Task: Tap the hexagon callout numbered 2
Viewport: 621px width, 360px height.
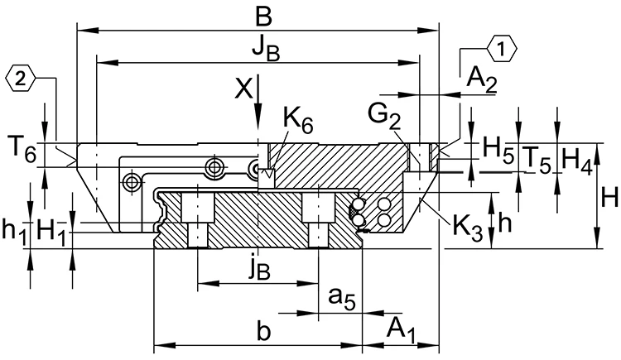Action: click(20, 79)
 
